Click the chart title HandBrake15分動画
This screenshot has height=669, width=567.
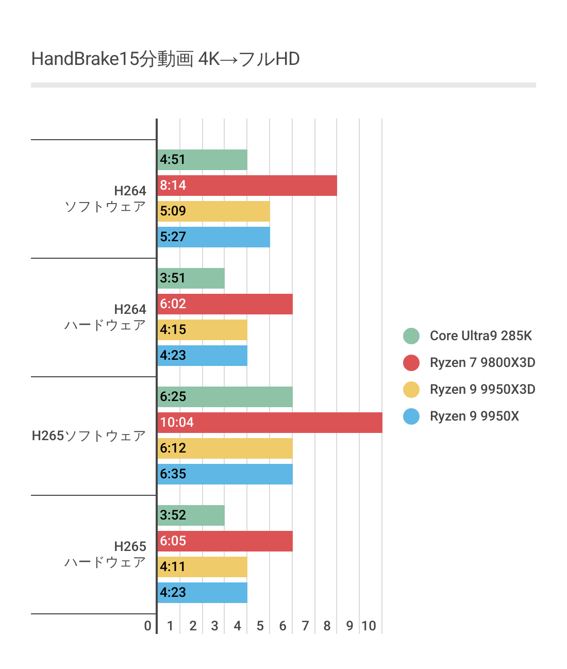coord(165,59)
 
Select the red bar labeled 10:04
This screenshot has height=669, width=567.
coord(270,423)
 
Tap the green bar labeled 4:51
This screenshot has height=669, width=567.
coord(202,160)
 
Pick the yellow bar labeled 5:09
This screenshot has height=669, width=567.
coord(213,211)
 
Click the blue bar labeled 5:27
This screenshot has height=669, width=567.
coord(213,237)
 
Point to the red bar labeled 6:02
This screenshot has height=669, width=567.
coord(225,304)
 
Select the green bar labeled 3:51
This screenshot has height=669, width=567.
coord(191,278)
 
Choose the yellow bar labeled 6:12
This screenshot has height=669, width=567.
coord(225,448)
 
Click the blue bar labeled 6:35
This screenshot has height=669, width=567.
coord(225,474)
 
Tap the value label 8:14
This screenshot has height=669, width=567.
coord(173,186)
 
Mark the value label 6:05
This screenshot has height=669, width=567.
coord(173,541)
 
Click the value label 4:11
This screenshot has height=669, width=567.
coord(173,567)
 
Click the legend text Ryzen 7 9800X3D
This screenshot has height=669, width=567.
coord(482,363)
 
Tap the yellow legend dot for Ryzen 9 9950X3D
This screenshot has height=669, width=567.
coord(411,390)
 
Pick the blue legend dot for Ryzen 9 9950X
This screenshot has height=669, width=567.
coord(411,416)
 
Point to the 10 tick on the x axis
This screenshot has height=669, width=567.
coord(369,626)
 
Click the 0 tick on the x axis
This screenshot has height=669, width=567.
coord(148,626)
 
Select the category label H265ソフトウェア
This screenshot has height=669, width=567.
coord(89,436)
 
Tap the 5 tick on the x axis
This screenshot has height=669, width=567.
coord(260,626)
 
